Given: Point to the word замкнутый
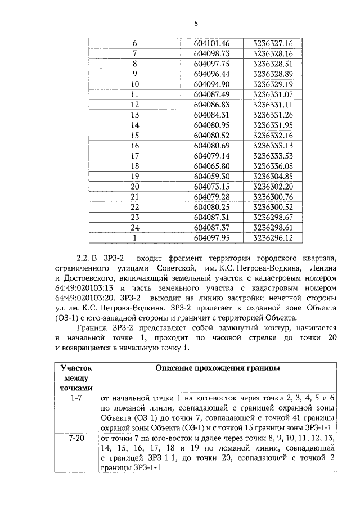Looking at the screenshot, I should pyautogui.click(x=220, y=328).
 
